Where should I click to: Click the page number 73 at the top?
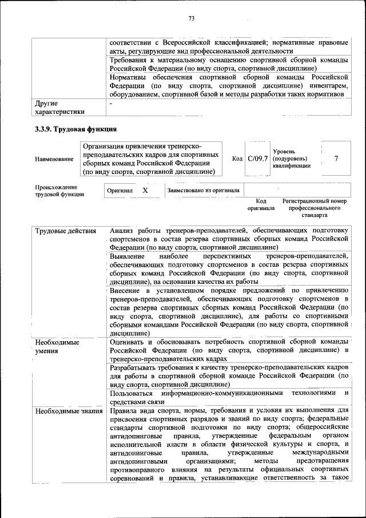[192, 19]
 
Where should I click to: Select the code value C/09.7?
[257, 158]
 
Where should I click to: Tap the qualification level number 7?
[336, 158]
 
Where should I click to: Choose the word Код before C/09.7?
[237, 159]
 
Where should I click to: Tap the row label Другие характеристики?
[59, 108]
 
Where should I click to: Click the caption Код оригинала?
[261, 205]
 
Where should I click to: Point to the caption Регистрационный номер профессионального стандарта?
[315, 208]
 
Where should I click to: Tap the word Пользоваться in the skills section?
[132, 393]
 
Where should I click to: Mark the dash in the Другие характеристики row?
[112, 104]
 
